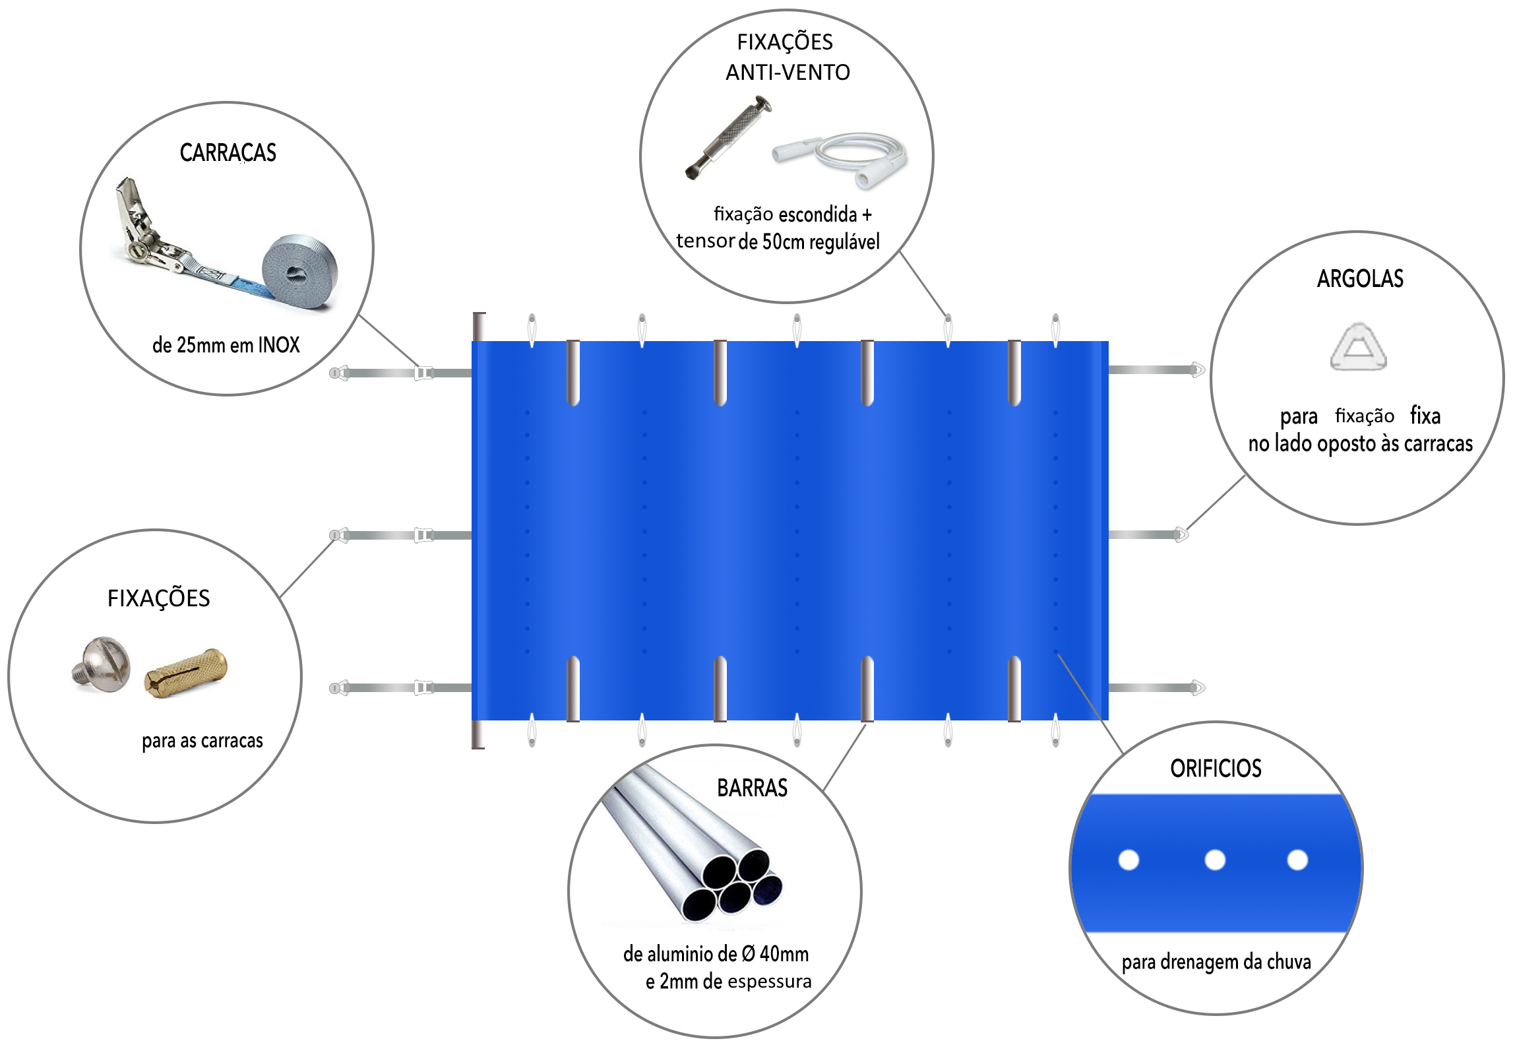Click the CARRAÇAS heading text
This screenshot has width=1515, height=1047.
[228, 153]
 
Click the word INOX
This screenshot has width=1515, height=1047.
[278, 345]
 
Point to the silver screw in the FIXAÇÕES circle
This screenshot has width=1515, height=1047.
[101, 663]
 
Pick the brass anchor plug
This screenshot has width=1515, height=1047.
[186, 672]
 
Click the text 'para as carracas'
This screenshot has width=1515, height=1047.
[202, 741]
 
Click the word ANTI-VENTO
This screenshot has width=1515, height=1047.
[788, 73]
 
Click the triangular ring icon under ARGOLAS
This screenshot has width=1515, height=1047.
[1358, 347]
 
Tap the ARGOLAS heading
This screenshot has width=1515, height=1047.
[1360, 279]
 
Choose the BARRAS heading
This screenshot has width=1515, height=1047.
[752, 788]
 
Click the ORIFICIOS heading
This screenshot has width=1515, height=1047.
[1216, 769]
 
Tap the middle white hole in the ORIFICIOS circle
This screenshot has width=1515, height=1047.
[1214, 860]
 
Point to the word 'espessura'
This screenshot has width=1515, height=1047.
[769, 982]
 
